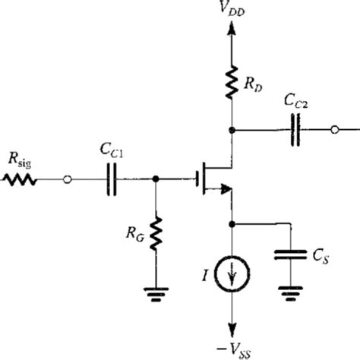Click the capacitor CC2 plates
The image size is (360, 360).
pyautogui.click(x=298, y=130)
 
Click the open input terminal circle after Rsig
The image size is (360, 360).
pyautogui.click(x=68, y=180)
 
